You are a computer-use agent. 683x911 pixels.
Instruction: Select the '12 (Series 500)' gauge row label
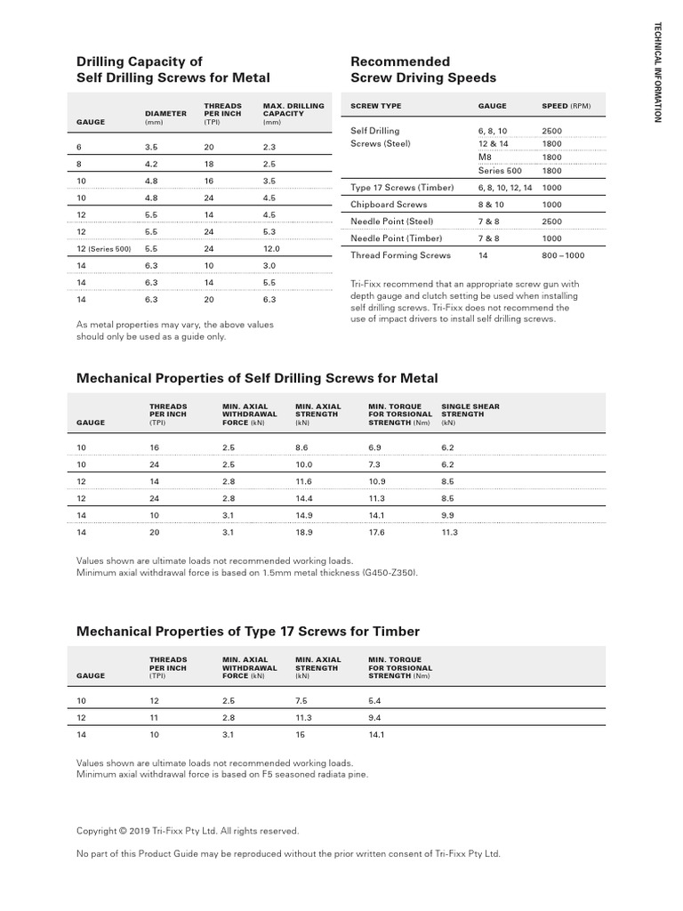(x=104, y=249)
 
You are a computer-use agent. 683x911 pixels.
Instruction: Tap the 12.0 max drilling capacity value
(x=272, y=249)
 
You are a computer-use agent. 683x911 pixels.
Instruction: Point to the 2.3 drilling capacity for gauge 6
(x=270, y=148)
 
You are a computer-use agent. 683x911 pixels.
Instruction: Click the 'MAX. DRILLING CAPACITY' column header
(x=293, y=114)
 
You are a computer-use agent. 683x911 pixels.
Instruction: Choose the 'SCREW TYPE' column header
(x=376, y=106)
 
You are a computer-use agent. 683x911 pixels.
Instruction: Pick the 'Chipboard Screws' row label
(x=389, y=204)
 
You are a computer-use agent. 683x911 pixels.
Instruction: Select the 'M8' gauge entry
(x=486, y=157)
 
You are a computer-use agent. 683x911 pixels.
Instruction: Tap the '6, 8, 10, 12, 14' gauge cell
(x=505, y=188)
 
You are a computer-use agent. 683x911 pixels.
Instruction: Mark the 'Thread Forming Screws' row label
(x=400, y=255)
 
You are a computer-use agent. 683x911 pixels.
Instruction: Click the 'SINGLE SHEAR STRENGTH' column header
(x=470, y=414)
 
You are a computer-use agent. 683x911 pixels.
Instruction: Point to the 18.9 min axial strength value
(x=304, y=532)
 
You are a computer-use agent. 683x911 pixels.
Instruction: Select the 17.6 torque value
(x=377, y=532)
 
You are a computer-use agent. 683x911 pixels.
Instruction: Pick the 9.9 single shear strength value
(x=447, y=515)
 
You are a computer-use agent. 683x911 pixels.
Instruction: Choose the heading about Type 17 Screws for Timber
(x=248, y=632)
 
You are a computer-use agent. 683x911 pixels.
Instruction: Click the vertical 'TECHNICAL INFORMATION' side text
(x=658, y=72)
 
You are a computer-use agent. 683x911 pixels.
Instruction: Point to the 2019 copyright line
(x=188, y=831)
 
